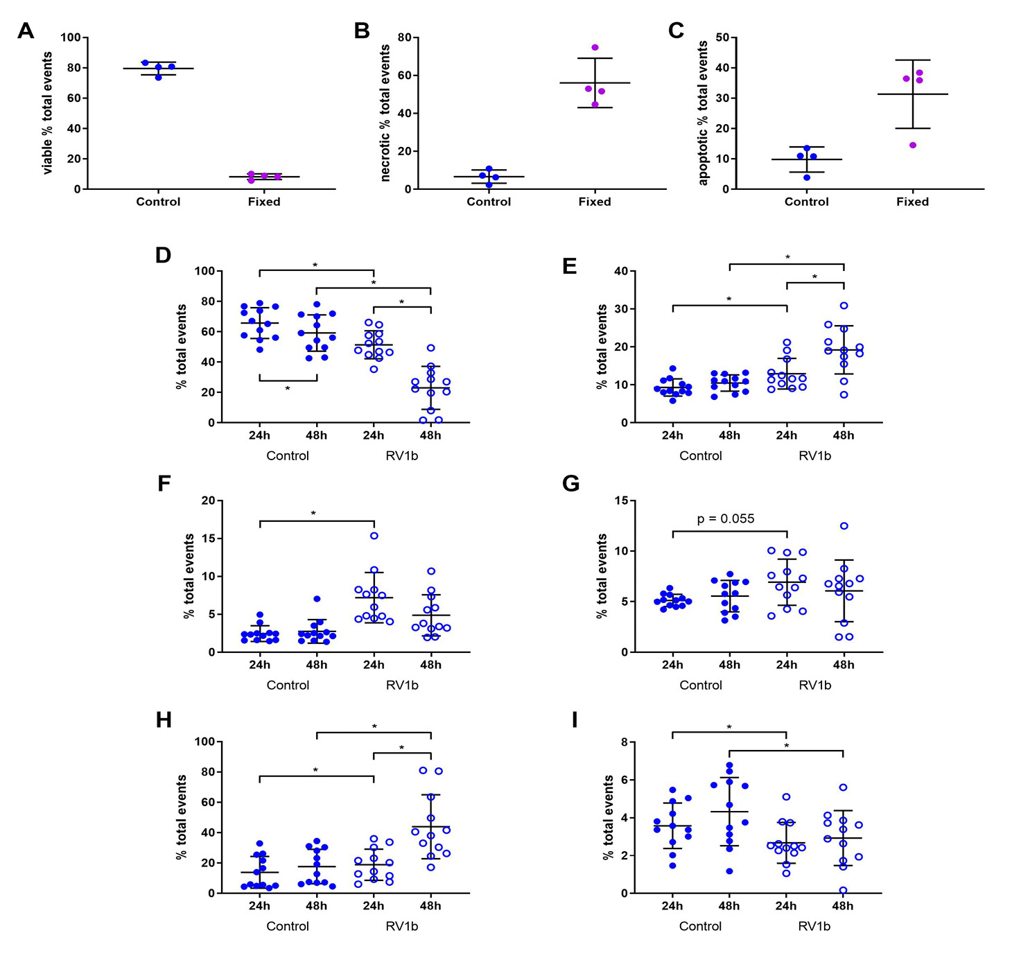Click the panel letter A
tap(26, 30)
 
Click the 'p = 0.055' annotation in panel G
tap(725, 518)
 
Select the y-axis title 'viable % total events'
tap(47, 113)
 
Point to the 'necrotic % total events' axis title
tap(385, 113)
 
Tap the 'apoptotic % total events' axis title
tap(703, 113)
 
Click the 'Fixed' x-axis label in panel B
tap(595, 202)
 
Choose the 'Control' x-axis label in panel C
tap(806, 202)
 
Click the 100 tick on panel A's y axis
tap(71, 37)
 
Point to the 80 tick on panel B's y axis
tap(405, 37)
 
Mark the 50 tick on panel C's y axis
tap(722, 37)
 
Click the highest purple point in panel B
tap(595, 47)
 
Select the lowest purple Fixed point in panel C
tap(913, 145)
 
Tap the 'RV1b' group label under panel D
tap(402, 455)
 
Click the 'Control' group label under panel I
tap(700, 926)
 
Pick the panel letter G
tap(570, 483)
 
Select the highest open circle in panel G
tap(844, 526)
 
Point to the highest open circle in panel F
tap(374, 535)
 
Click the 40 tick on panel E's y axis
tap(621, 271)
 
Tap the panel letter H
tap(164, 720)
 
